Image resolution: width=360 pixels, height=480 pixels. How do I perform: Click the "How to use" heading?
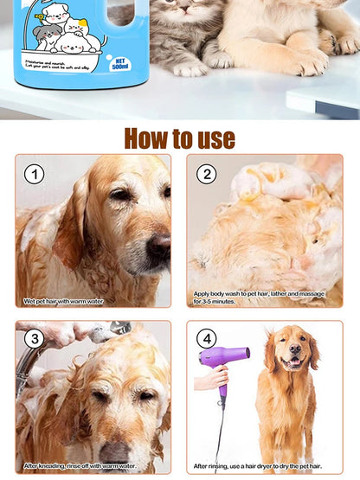click(179, 138)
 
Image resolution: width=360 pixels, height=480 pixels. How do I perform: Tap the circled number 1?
click(34, 175)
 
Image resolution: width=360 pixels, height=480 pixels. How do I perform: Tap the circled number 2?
click(205, 174)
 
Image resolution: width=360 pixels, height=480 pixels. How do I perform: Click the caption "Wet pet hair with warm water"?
click(63, 301)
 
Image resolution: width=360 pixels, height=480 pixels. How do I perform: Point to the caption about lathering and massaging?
click(259, 298)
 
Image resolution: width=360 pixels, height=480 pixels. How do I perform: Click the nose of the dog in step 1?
click(157, 249)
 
